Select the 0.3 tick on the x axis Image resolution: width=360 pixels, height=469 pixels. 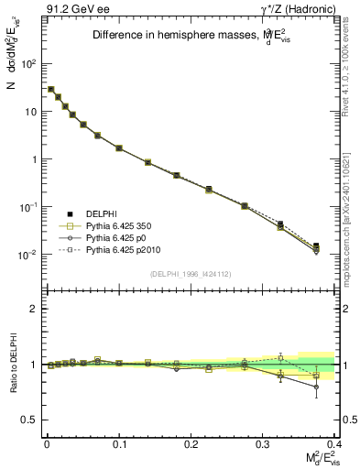[264, 444]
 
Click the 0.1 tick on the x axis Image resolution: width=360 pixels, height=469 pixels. [119, 444]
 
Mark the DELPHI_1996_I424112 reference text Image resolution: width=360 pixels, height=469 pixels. [190, 274]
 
